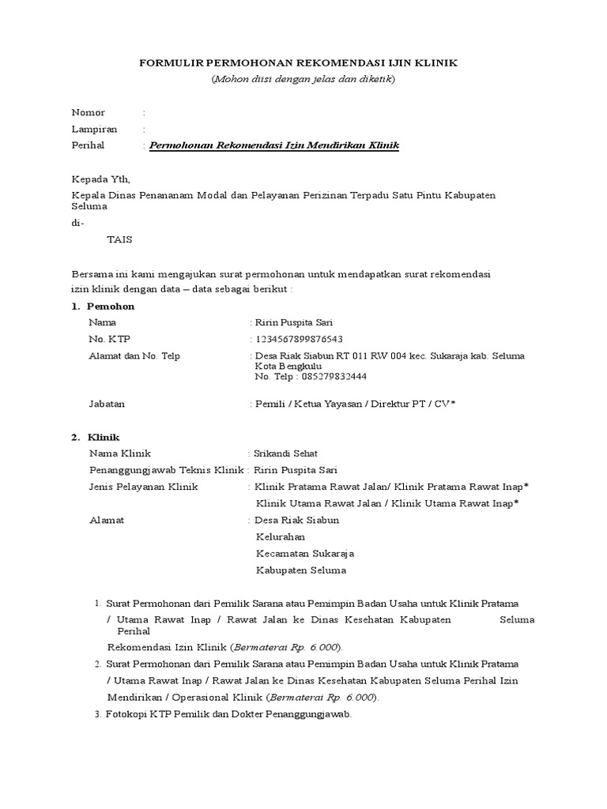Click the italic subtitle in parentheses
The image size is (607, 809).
pos(303,79)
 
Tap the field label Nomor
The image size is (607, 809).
pos(89,113)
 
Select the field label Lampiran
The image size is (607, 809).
pos(95,130)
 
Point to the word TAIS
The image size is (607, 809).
pos(120,239)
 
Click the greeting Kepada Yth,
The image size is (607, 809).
pos(100,179)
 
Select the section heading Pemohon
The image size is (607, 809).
pos(111,306)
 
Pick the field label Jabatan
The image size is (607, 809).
pos(107,404)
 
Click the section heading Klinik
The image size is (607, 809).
pos(104,437)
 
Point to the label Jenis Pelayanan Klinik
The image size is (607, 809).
pos(144,487)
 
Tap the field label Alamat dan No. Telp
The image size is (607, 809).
pos(134,356)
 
